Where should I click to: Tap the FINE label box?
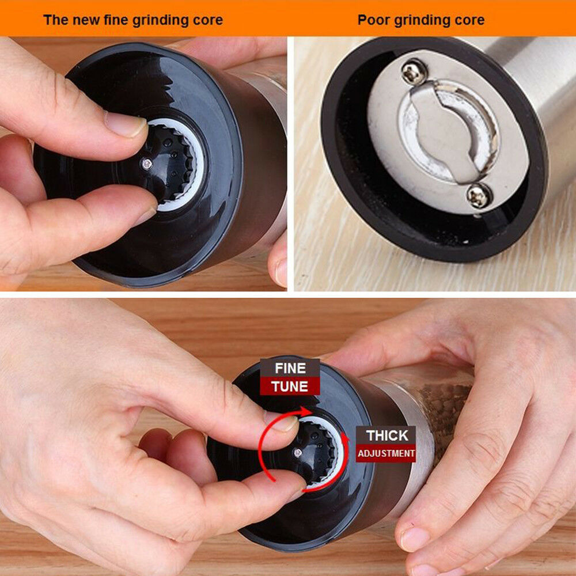point(290,368)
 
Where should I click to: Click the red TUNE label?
point(290,386)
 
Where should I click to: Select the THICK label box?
point(386,435)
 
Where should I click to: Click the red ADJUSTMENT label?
point(386,453)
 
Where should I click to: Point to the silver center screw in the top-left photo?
point(147,164)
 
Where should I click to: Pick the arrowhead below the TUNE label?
point(305,410)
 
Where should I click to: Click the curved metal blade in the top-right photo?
point(448,132)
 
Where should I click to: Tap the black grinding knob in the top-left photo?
point(169,164)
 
